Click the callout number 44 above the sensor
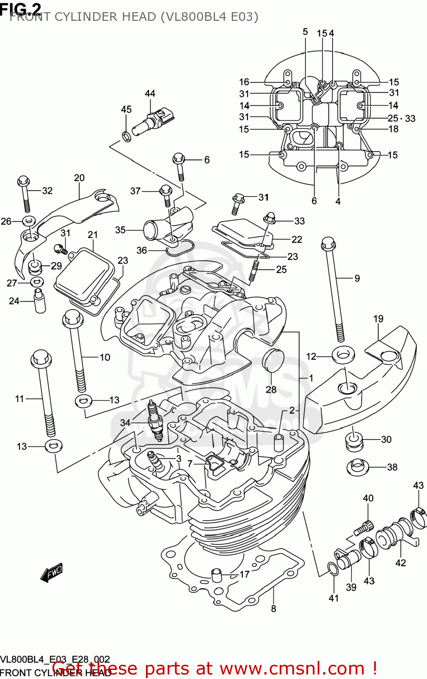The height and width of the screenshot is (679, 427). coord(150,93)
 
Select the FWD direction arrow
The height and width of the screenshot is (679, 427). coord(52,573)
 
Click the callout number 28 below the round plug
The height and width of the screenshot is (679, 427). coord(271,389)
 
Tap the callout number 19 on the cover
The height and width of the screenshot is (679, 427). coord(378,319)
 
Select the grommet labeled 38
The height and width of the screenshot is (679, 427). coord(357,467)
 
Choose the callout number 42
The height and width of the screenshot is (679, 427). coord(400,563)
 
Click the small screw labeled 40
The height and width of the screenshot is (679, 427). coord(365,527)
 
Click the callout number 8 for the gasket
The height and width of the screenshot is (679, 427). coord(273,609)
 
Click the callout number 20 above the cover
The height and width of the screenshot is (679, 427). coord(79,178)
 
